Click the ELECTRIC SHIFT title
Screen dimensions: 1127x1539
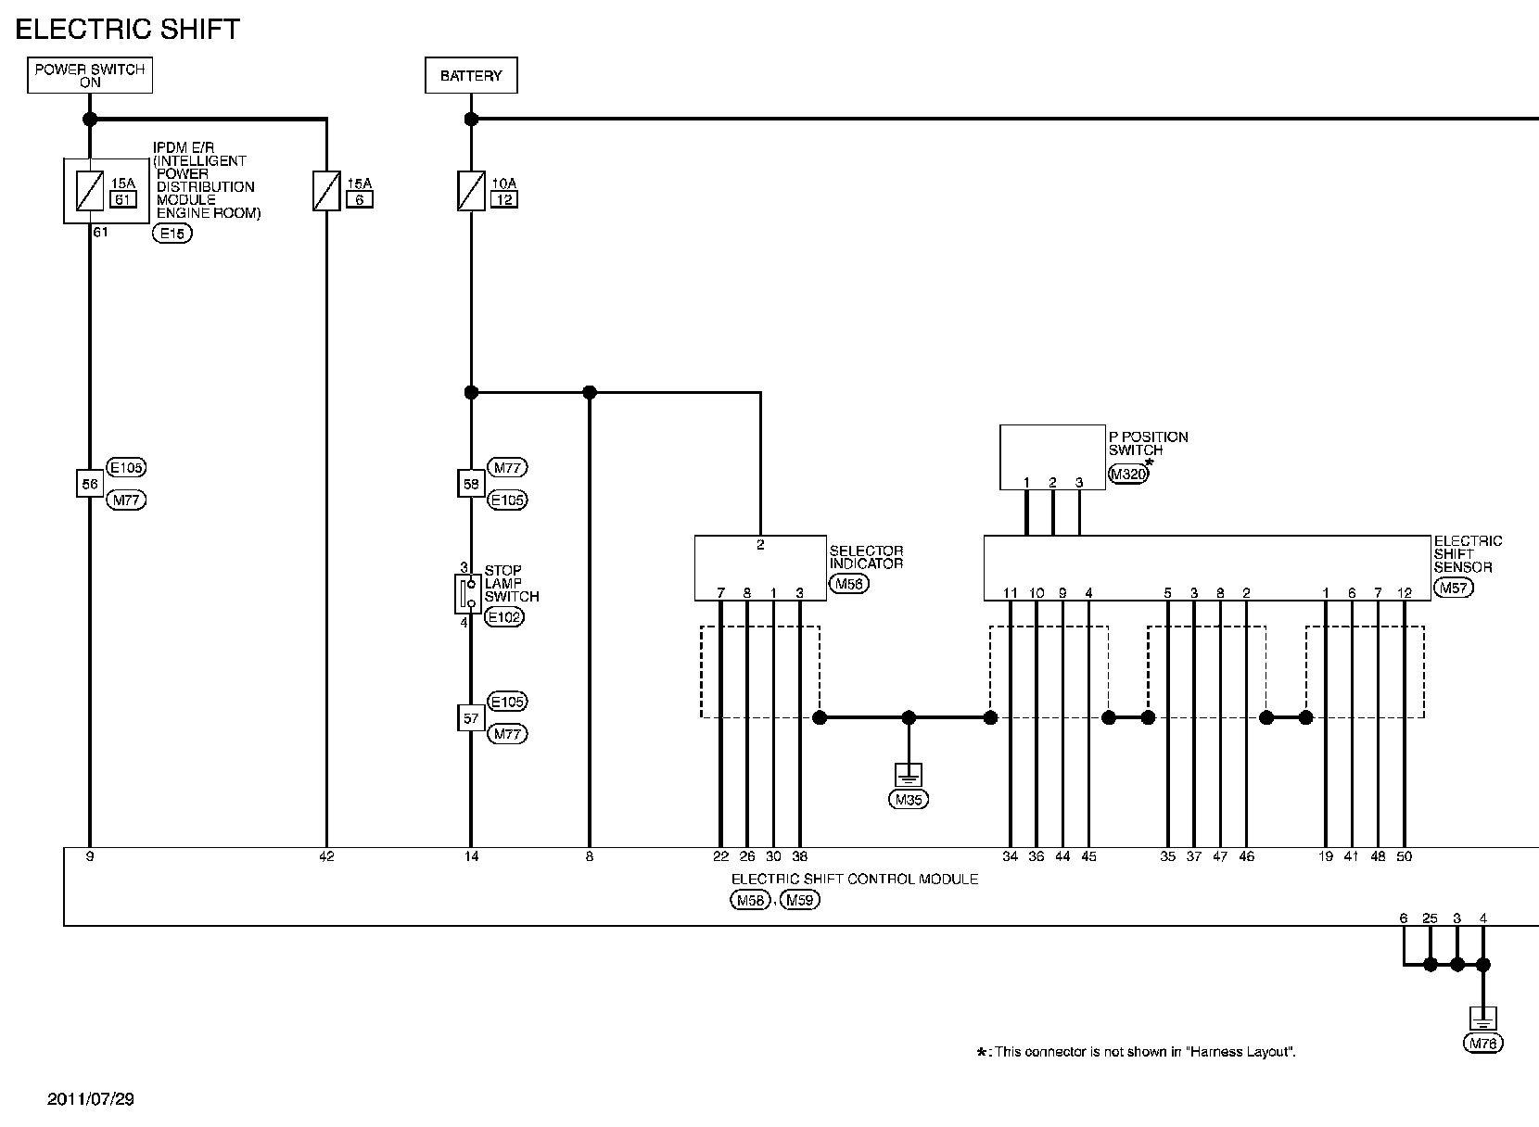tap(128, 30)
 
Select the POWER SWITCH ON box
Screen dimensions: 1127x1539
tap(90, 76)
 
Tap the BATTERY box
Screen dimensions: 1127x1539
tap(471, 76)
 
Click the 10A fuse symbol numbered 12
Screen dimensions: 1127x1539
tap(471, 191)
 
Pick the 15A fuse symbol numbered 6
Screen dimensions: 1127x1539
tap(326, 191)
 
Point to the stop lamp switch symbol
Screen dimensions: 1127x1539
tap(467, 593)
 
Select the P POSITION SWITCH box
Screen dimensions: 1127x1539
tap(1051, 456)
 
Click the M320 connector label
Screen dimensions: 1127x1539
tap(1128, 475)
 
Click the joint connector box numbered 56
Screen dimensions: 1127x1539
tap(89, 484)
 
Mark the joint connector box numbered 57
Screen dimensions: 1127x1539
tap(471, 717)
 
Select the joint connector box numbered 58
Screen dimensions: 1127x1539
tap(471, 484)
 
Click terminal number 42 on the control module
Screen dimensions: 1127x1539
tap(326, 856)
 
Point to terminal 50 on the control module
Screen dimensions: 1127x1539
tap(1404, 856)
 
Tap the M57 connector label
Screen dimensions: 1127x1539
tap(1453, 587)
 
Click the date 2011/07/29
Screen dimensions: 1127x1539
tap(91, 1099)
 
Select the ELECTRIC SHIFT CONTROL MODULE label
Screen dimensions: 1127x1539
tap(854, 879)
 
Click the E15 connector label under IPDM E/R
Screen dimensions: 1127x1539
tap(172, 234)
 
